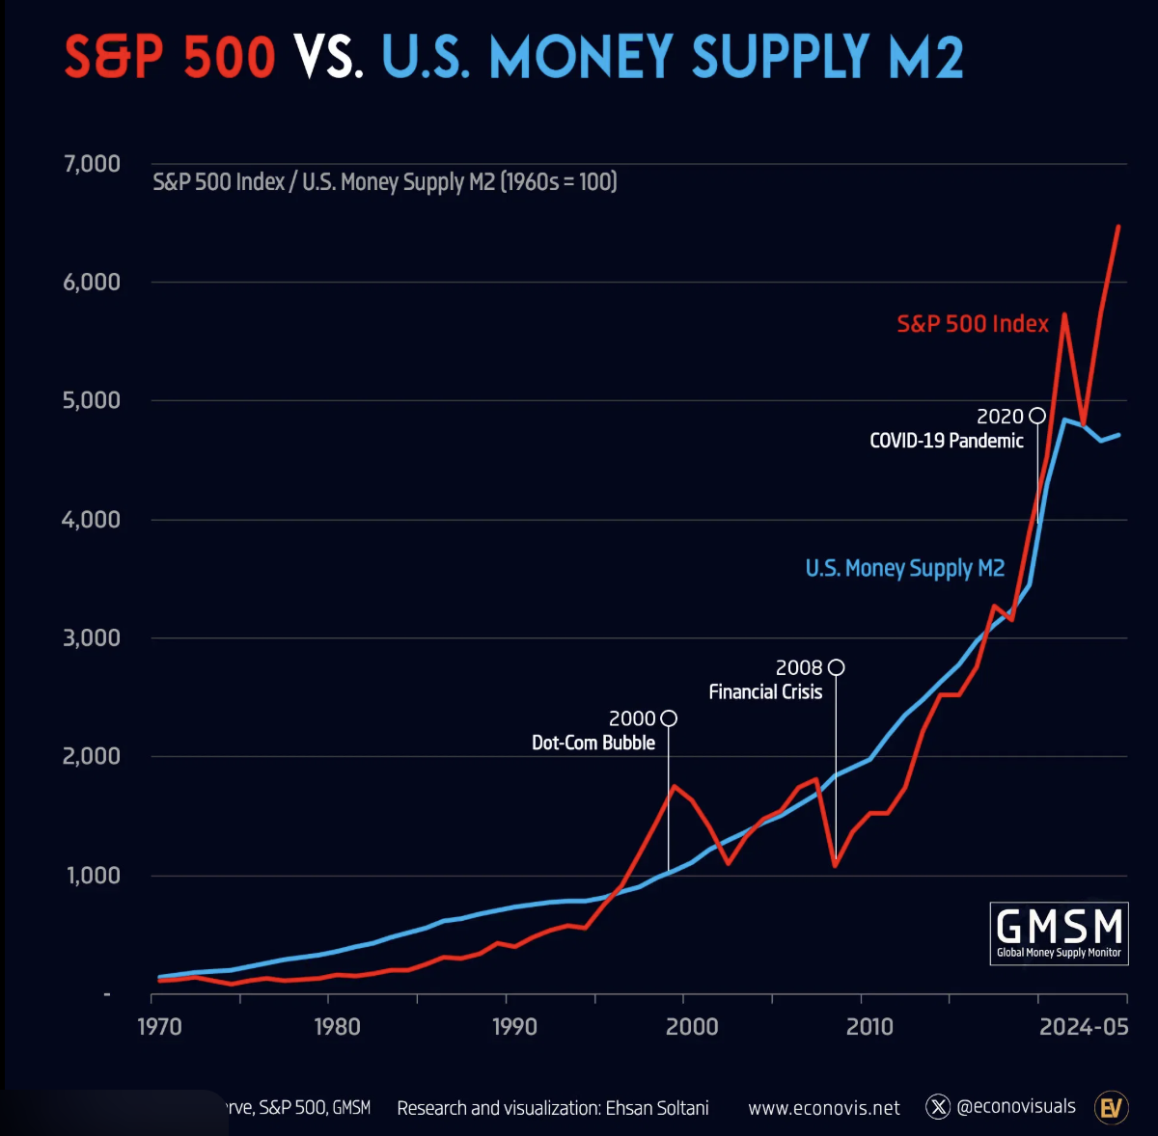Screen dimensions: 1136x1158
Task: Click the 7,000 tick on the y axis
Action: pos(93,164)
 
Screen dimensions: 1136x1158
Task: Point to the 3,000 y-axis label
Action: pos(93,638)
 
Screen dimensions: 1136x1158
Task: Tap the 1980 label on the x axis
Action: pos(337,1026)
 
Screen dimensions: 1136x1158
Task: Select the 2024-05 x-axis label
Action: pos(1084,1026)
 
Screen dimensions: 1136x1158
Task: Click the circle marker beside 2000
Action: pos(669,718)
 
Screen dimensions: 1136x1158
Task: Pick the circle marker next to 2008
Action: pos(836,667)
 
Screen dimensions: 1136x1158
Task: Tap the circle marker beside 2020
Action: pos(1037,416)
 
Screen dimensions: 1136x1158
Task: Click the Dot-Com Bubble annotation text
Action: pos(593,743)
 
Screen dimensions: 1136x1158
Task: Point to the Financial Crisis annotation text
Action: pos(765,691)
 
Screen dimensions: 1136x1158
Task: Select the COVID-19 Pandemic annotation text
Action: pos(946,441)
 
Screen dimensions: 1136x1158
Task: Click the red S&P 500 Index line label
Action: pos(973,324)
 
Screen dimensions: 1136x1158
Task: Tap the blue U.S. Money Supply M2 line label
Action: pos(905,568)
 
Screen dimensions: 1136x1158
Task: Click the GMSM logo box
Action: pos(1060,933)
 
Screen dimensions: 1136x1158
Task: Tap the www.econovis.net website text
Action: pos(824,1108)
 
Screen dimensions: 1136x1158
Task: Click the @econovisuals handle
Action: pos(1015,1107)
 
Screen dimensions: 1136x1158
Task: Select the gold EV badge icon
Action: pos(1112,1107)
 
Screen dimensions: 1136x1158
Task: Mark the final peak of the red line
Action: pos(1118,227)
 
